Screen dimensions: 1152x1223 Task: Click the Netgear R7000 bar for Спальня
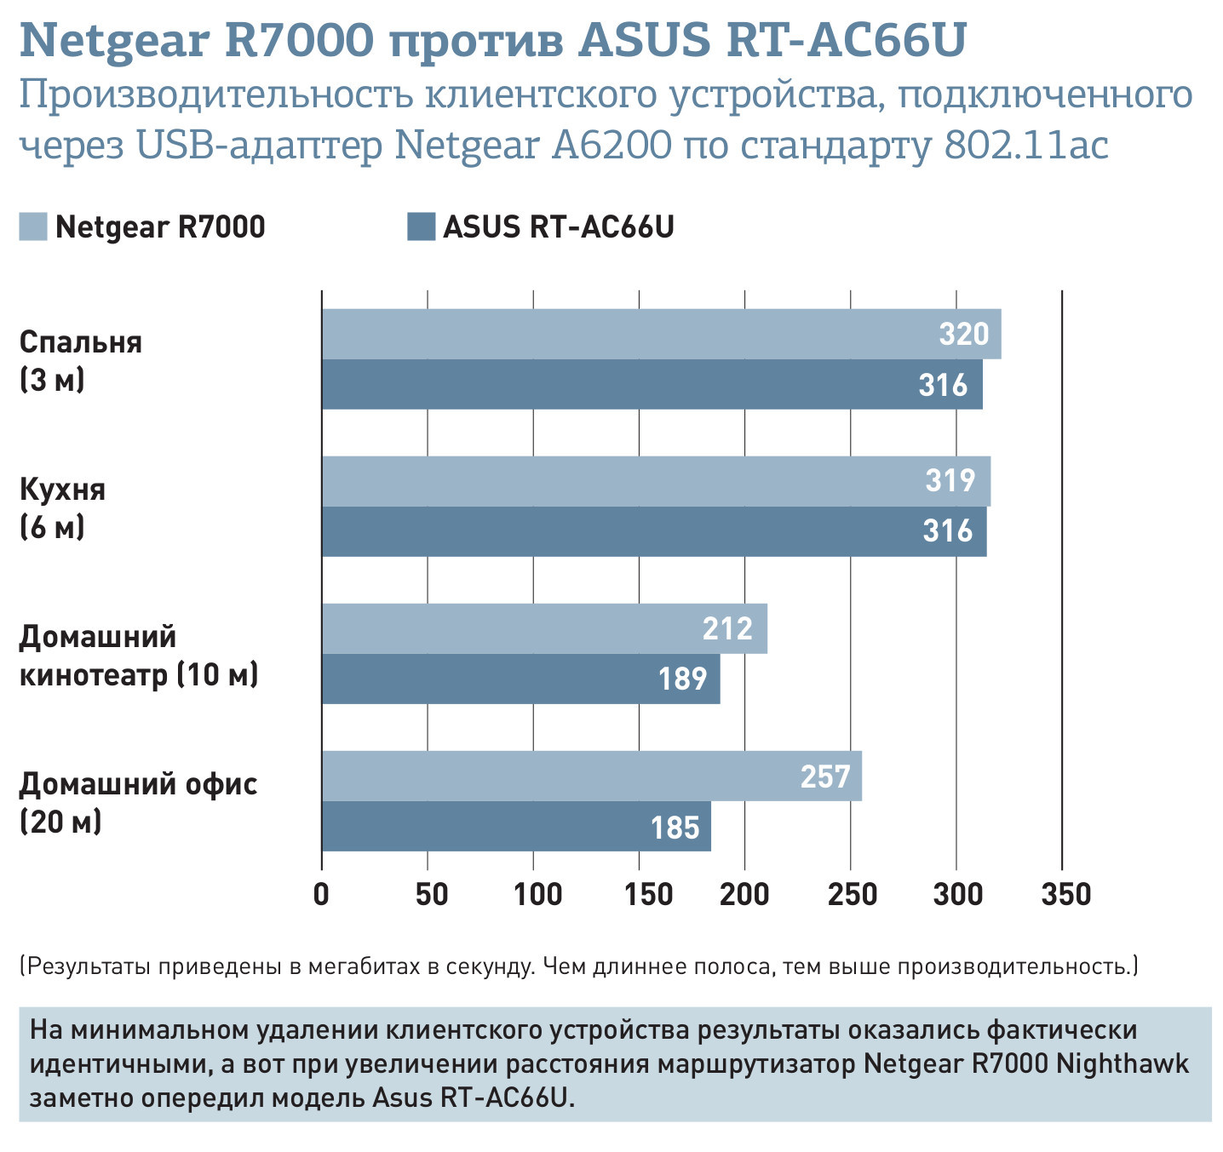pos(661,334)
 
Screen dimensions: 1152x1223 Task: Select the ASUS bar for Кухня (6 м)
pos(654,531)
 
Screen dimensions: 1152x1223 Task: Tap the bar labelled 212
pos(544,628)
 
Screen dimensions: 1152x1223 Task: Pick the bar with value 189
pos(520,679)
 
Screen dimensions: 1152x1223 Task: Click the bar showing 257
pos(591,776)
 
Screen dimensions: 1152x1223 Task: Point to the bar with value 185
pos(516,826)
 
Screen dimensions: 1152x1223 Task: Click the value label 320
pos(964,334)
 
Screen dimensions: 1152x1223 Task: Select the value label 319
pos(950,481)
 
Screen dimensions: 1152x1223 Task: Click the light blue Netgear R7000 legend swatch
pos(33,226)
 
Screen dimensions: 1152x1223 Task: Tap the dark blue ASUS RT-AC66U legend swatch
pos(421,226)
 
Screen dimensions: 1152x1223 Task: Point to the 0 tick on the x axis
pos(322,894)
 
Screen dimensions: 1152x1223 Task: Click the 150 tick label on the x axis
pos(639,894)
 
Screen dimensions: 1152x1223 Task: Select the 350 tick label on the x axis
pos(1065,894)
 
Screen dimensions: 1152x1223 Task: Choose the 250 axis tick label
pos(852,894)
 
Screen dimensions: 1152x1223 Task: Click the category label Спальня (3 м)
pos(80,360)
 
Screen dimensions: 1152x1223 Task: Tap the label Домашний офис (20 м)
pos(137,802)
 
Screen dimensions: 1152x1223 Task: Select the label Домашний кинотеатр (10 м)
pos(137,655)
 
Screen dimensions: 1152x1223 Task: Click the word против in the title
pos(476,40)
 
